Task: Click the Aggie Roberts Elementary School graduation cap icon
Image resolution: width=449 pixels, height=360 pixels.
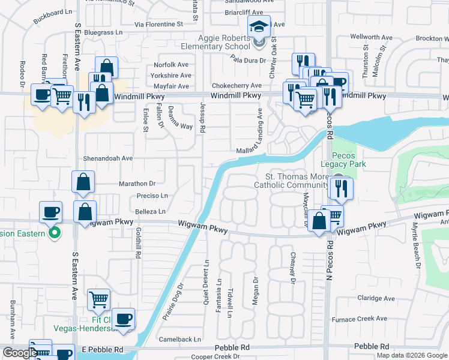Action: point(259,27)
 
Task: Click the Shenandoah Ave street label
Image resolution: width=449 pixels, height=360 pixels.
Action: point(110,158)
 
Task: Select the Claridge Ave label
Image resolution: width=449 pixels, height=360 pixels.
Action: point(376,298)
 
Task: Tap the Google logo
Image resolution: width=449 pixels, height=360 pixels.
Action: point(19,353)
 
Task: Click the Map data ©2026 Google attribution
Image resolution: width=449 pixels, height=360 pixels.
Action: point(411,355)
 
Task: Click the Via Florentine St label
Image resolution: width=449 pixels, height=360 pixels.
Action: point(158,25)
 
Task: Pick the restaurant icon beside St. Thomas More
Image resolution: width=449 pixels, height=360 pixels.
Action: point(342,189)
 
